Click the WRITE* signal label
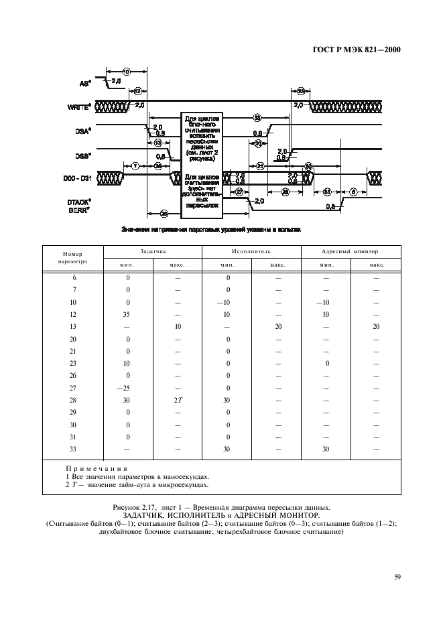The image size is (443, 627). tap(80, 106)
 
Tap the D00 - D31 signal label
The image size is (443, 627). tap(78, 178)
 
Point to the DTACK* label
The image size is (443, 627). tap(80, 201)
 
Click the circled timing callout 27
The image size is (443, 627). tap(240, 192)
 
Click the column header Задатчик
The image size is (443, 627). tap(153, 251)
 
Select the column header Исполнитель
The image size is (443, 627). tap(251, 251)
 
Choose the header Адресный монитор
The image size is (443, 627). tap(350, 251)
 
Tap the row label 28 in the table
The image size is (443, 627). tap(74, 401)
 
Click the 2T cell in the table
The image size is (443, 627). tap(178, 401)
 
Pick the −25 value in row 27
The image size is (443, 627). tap(128, 389)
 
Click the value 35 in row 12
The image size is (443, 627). tap(128, 313)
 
